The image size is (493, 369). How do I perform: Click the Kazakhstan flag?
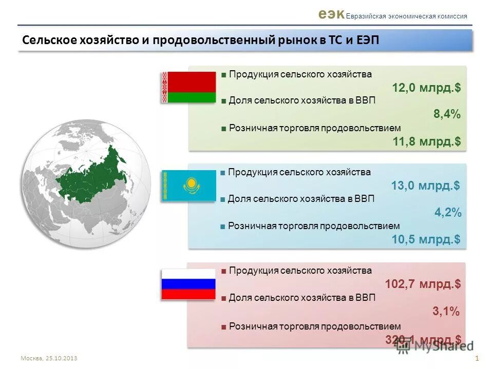tap(188, 185)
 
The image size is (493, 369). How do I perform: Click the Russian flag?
tap(188, 284)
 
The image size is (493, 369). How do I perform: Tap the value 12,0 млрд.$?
tap(426, 88)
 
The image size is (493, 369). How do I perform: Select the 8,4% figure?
tap(447, 115)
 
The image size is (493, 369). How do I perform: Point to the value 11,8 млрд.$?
tap(426, 141)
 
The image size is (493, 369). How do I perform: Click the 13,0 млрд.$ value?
tap(425, 186)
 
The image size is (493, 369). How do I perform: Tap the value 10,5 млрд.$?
tap(426, 239)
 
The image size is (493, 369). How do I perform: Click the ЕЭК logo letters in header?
tap(331, 14)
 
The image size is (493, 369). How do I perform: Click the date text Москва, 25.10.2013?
tap(49, 358)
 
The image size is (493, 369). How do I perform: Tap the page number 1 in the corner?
tap(477, 358)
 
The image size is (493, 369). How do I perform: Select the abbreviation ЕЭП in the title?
tap(366, 40)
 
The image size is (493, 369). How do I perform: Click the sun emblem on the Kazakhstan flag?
tap(191, 183)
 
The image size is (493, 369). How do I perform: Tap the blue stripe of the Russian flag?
tap(188, 284)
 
